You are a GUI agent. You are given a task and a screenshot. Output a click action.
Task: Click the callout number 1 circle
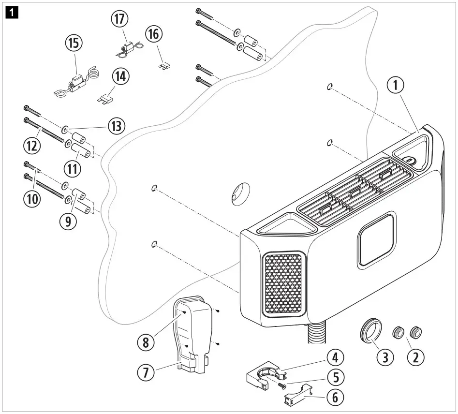(395, 87)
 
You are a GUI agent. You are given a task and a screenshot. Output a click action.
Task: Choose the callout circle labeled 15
(74, 43)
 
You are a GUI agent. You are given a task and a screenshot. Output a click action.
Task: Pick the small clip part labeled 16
(164, 64)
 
